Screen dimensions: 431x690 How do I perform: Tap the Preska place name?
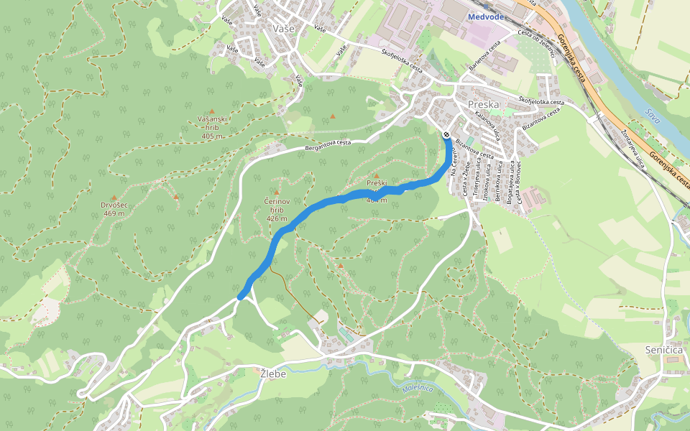(x=483, y=104)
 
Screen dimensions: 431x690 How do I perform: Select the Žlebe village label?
(x=273, y=374)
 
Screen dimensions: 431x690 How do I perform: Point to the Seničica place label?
(x=663, y=349)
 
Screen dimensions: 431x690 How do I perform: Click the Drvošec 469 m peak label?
(x=114, y=209)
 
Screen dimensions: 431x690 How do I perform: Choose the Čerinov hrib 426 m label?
(x=276, y=209)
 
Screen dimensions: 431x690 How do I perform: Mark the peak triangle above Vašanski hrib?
(x=211, y=111)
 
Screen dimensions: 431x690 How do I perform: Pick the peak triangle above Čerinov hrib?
(x=277, y=193)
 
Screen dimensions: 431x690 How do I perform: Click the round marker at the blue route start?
(x=446, y=135)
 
